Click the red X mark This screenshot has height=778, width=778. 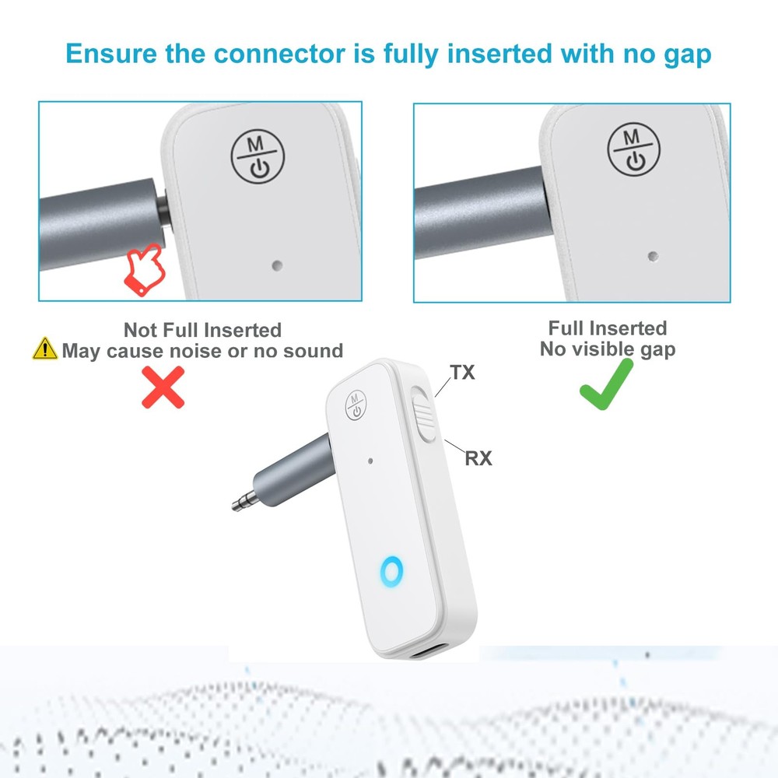point(163,387)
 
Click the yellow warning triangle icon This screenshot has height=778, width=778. point(45,349)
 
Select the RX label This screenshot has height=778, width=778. point(478,458)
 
